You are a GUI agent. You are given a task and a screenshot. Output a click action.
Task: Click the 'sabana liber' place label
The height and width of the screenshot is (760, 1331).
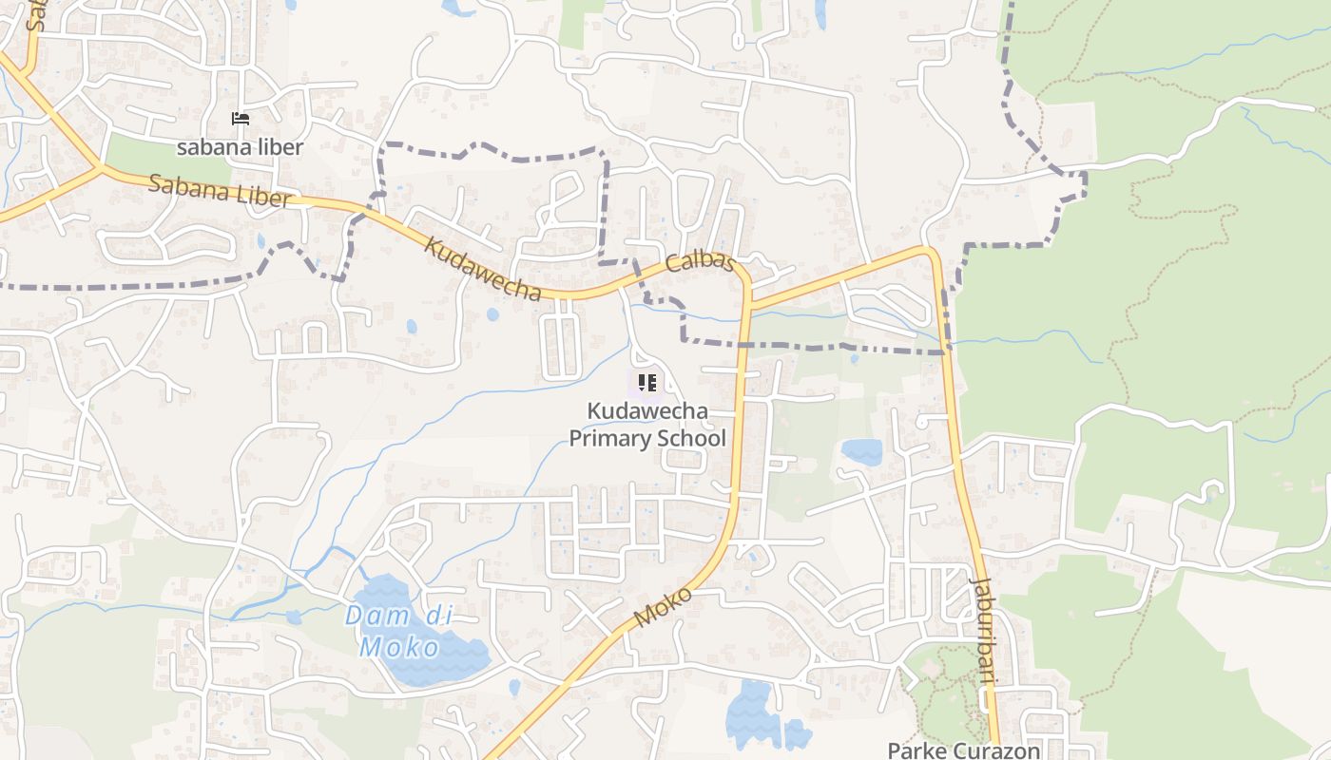[240, 147]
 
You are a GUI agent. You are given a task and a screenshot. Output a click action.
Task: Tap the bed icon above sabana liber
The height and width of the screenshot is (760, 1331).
[241, 119]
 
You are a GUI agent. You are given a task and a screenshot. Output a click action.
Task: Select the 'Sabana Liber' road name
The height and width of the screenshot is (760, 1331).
[219, 190]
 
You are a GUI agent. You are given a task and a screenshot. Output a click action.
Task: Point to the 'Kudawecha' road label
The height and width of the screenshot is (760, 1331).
[482, 269]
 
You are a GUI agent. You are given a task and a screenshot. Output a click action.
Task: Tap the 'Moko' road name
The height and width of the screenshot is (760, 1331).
[663, 607]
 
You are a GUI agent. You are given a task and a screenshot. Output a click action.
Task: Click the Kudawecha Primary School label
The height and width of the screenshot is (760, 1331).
[647, 425]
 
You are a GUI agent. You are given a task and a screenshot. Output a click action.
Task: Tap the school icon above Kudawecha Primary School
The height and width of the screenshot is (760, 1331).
[647, 383]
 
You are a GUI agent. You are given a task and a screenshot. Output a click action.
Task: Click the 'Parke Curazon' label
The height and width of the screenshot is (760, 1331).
[964, 750]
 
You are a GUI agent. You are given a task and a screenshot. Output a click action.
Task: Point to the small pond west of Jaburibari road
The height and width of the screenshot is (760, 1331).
[861, 450]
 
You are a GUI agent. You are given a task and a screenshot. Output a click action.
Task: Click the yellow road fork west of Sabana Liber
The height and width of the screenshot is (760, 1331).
[99, 168]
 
